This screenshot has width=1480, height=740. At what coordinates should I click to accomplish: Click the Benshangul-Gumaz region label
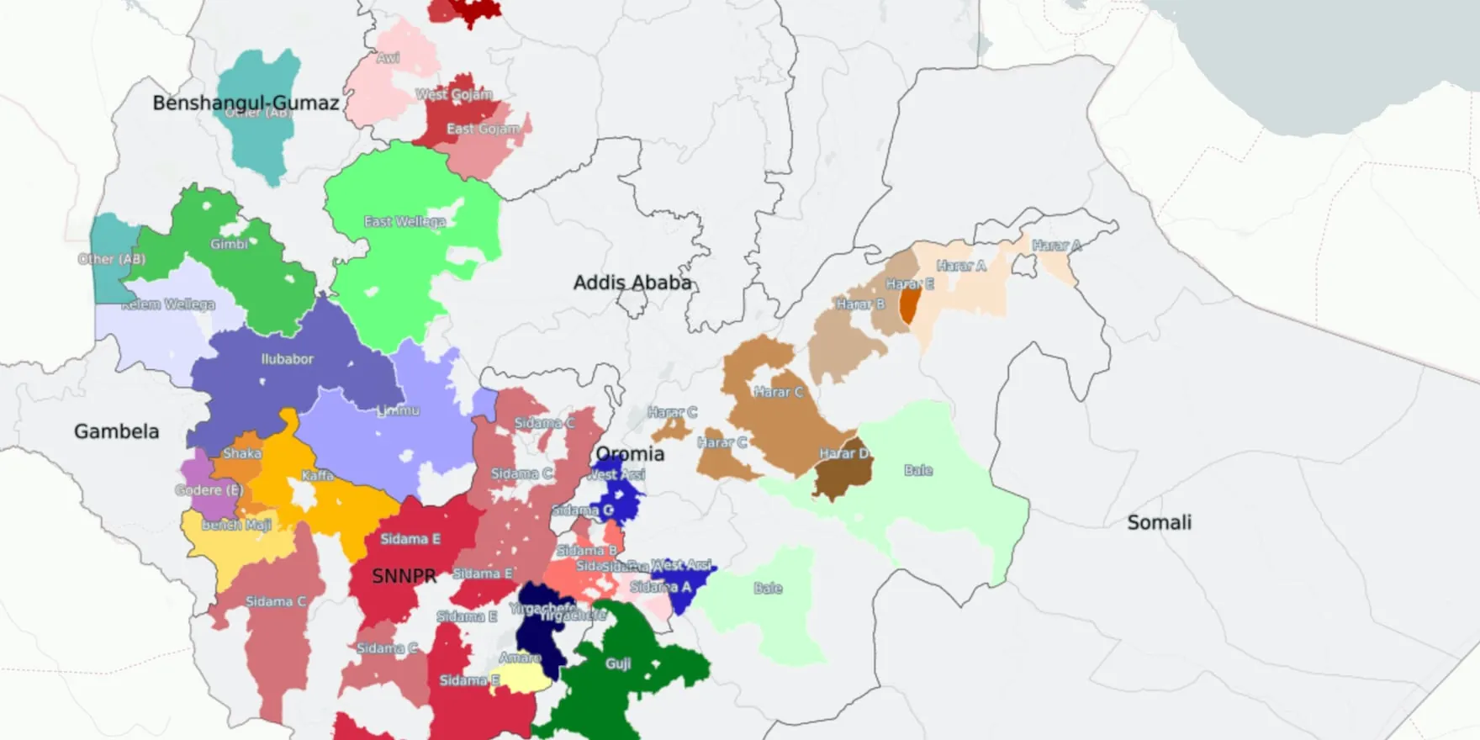click(x=246, y=103)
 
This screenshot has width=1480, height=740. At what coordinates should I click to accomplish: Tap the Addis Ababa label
click(x=632, y=283)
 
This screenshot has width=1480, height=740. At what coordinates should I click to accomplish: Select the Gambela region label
click(x=116, y=431)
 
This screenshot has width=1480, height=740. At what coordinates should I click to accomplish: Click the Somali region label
click(x=1159, y=522)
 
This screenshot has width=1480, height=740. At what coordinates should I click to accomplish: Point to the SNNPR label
click(x=404, y=576)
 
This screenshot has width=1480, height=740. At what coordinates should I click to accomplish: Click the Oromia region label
click(x=630, y=454)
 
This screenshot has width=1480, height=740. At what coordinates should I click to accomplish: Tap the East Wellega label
click(x=404, y=221)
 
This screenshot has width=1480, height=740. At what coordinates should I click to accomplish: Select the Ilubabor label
click(x=287, y=359)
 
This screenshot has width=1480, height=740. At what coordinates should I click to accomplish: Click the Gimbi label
click(x=229, y=244)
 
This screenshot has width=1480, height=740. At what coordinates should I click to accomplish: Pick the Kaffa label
click(x=317, y=476)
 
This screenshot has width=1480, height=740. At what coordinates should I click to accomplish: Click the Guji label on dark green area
click(x=618, y=663)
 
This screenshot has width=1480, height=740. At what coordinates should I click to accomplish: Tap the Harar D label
click(x=843, y=454)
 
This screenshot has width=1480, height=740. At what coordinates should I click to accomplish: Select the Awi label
click(x=388, y=58)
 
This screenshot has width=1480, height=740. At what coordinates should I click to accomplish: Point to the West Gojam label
click(x=454, y=94)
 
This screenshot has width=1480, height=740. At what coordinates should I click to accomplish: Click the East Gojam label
click(x=483, y=129)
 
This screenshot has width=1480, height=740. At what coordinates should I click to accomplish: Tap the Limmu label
click(x=398, y=410)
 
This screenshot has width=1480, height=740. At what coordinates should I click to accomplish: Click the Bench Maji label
click(x=236, y=525)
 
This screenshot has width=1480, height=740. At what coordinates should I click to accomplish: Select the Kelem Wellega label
click(x=168, y=304)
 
